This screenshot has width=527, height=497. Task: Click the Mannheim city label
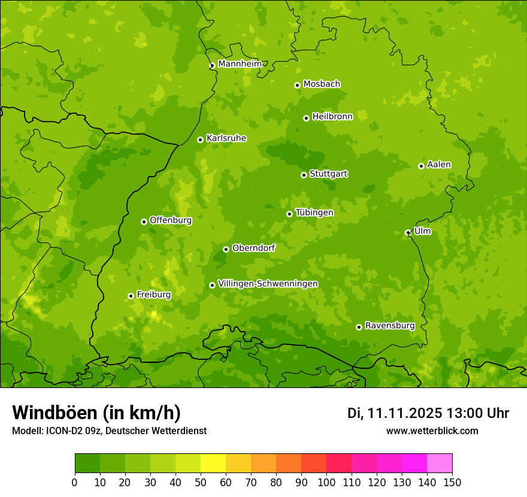(240, 63)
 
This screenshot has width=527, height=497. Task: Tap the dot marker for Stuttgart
(304, 175)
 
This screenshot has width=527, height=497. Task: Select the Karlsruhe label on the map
(226, 138)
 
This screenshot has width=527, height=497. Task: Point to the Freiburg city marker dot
(131, 296)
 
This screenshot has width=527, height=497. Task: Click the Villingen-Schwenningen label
(268, 284)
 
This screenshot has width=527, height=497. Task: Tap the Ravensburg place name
(389, 326)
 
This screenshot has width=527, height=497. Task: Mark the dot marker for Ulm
(408, 232)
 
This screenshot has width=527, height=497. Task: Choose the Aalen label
(438, 165)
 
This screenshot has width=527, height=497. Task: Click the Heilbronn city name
(332, 117)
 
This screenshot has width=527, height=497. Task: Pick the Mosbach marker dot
(297, 85)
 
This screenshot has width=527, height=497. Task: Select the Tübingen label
(314, 213)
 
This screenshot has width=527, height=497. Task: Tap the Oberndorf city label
(253, 248)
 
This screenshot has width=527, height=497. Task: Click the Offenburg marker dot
(144, 222)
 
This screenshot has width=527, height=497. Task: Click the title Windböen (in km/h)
(96, 413)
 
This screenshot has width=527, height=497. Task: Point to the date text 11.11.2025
(404, 413)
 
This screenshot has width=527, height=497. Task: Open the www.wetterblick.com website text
(432, 431)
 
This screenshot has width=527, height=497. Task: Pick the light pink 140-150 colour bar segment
(440, 463)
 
